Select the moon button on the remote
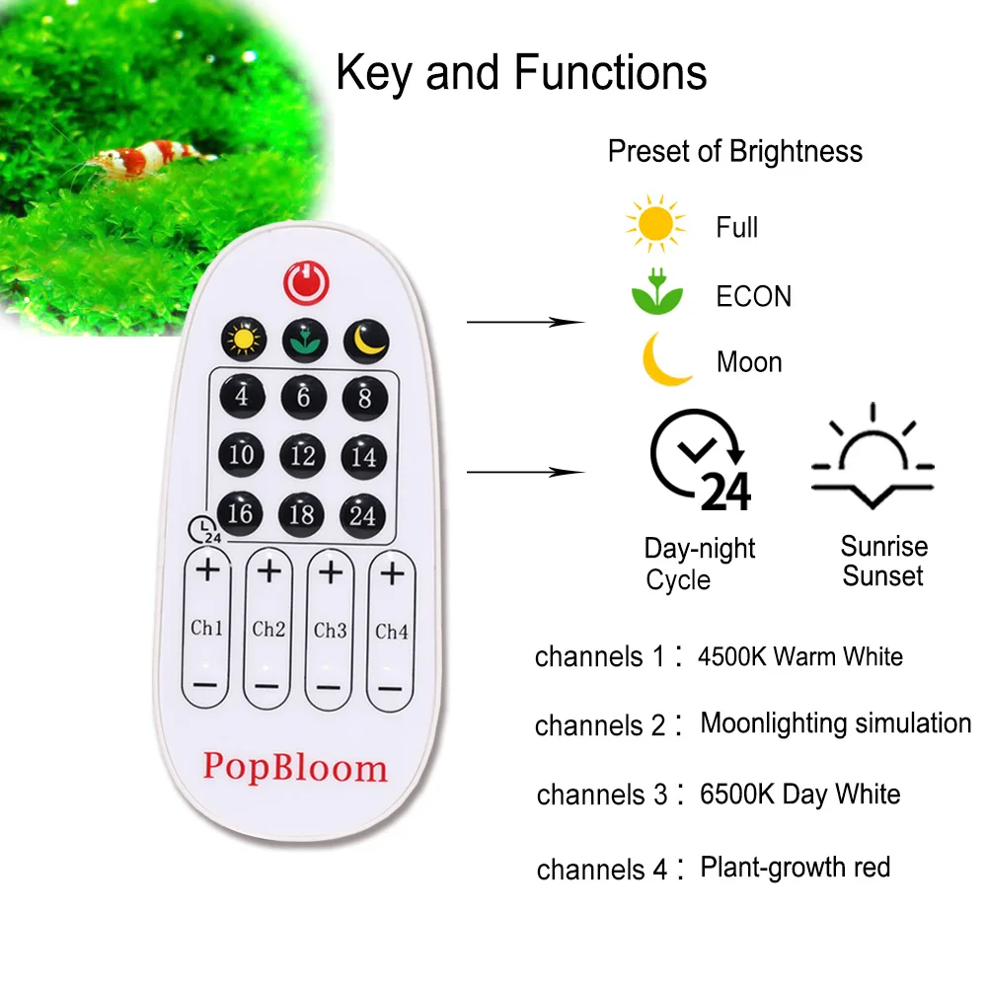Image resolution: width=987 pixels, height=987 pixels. (365, 341)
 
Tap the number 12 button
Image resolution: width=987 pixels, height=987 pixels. (303, 455)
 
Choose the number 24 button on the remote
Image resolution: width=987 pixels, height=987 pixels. (363, 514)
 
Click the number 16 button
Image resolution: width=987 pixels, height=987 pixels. (241, 513)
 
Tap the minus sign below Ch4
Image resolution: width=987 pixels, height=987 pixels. (391, 687)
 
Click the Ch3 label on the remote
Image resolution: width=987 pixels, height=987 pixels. (330, 630)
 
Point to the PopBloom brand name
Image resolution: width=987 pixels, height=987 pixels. (295, 766)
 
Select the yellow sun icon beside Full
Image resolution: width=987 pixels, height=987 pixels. (654, 225)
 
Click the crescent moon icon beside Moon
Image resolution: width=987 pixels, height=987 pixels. (663, 360)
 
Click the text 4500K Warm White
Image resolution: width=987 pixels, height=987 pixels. (799, 655)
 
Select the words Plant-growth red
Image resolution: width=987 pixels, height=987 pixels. (795, 868)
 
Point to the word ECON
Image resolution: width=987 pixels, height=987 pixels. (753, 296)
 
